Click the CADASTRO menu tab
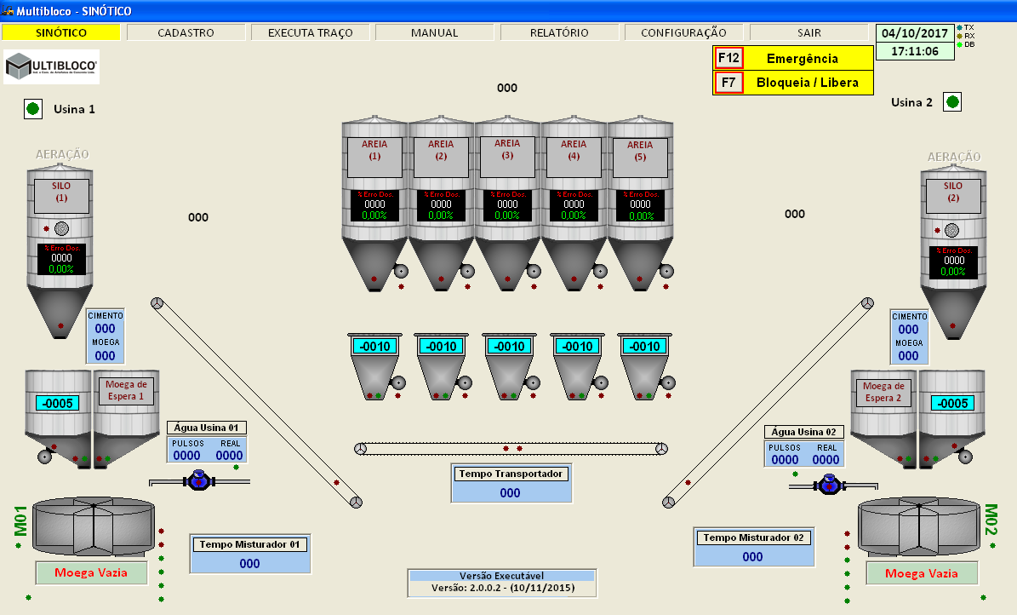pyautogui.click(x=186, y=32)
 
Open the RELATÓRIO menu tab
pyautogui.click(x=559, y=32)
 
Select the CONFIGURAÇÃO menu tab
pyautogui.click(x=683, y=32)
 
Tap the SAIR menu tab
pyautogui.click(x=808, y=32)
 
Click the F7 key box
pyautogui.click(x=728, y=83)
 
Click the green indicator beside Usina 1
pyautogui.click(x=33, y=108)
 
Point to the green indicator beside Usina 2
pyautogui.click(x=952, y=102)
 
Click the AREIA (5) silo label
pyautogui.click(x=640, y=151)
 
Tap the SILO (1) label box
pyautogui.click(x=61, y=191)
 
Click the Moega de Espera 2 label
pyautogui.click(x=883, y=392)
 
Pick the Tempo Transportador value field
pyautogui.click(x=510, y=492)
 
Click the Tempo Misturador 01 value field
pyautogui.click(x=249, y=563)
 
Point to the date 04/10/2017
pyautogui.click(x=915, y=33)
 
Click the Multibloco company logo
pyautogui.click(x=52, y=66)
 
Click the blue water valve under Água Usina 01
pyautogui.click(x=199, y=480)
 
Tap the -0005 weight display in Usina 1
pyautogui.click(x=58, y=403)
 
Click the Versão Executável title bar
pyautogui.click(x=501, y=576)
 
